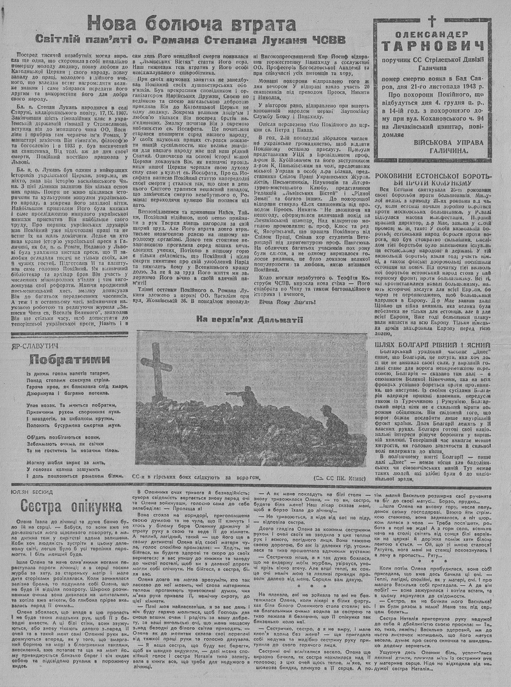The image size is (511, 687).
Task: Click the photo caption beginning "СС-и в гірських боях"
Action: (194, 477)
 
